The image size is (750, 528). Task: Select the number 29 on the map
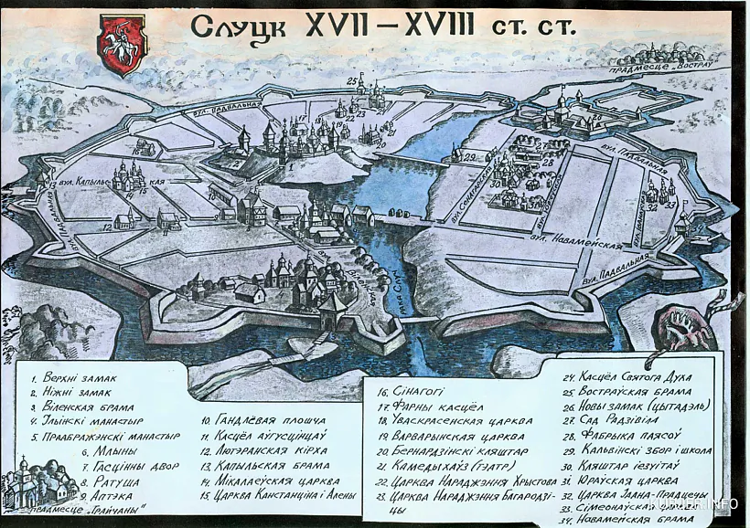(x=468, y=157)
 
